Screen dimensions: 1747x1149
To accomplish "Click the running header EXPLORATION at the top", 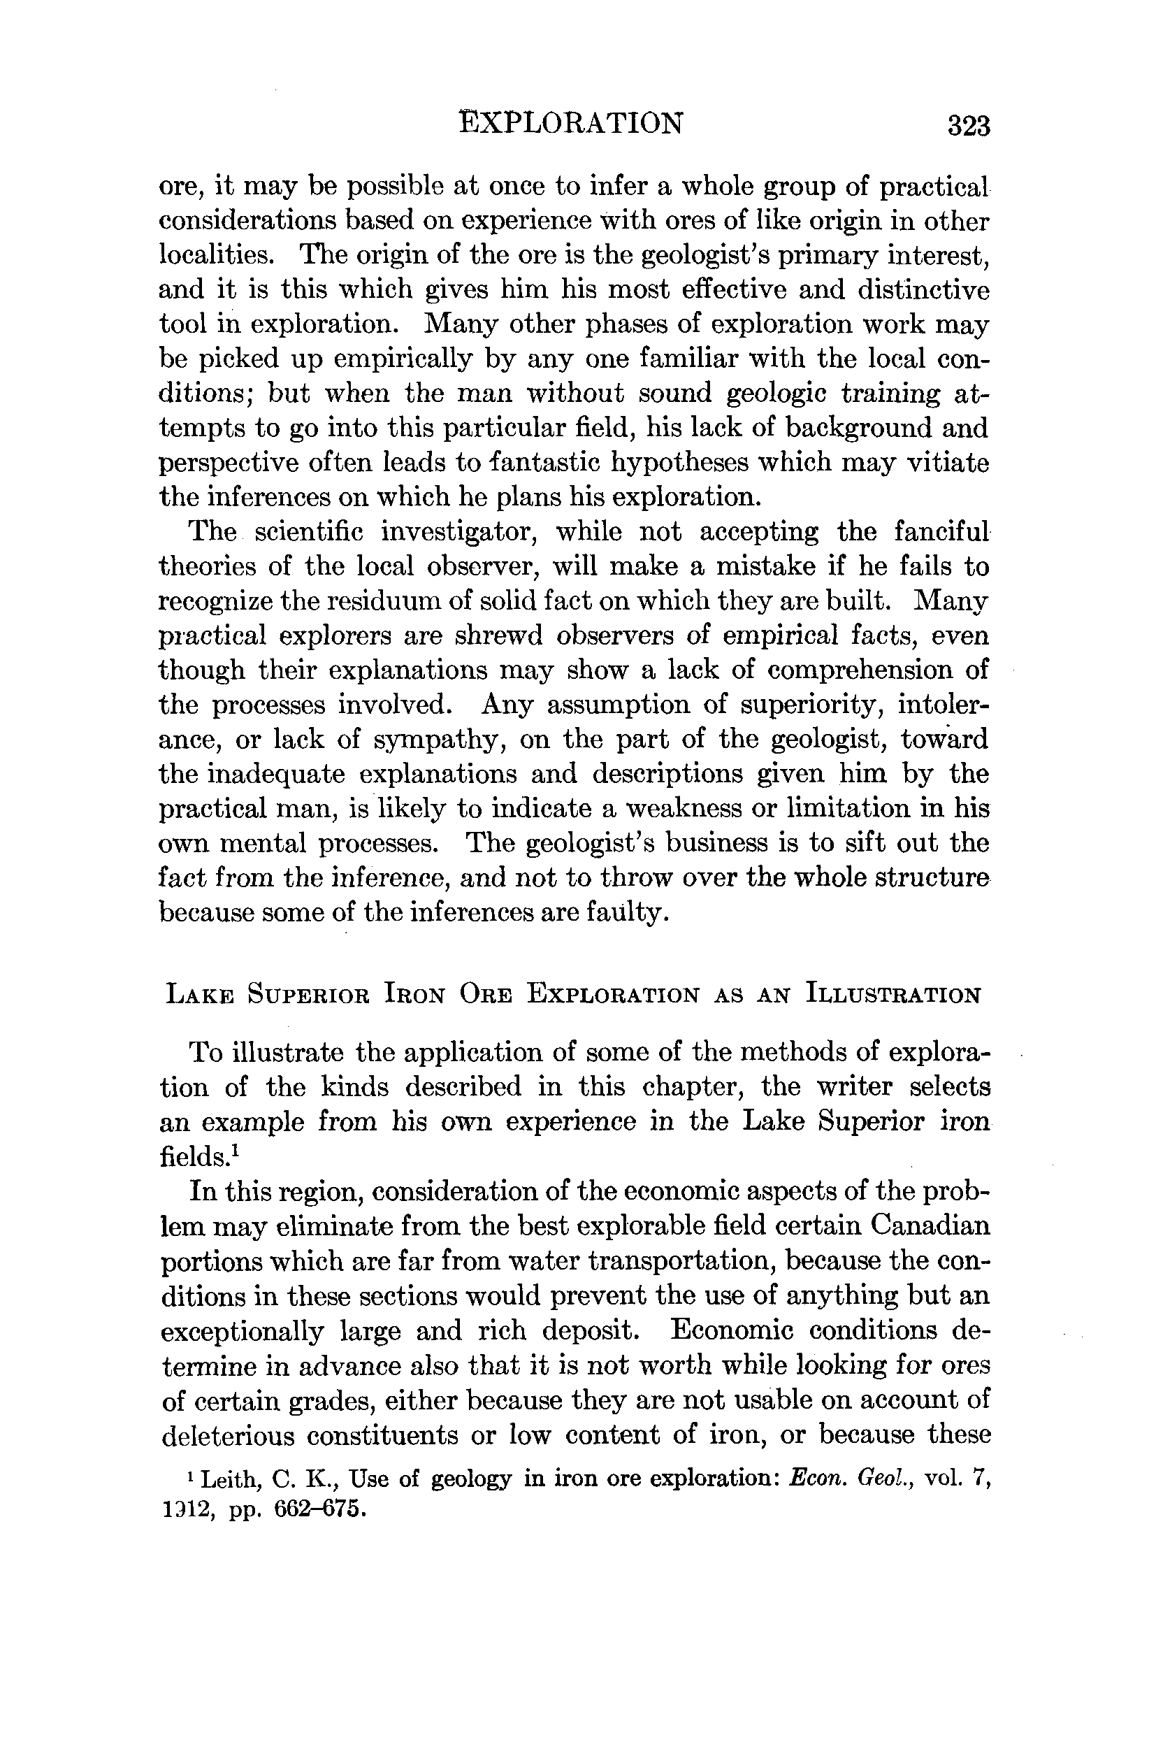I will (571, 122).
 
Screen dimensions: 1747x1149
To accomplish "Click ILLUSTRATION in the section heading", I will (893, 995).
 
